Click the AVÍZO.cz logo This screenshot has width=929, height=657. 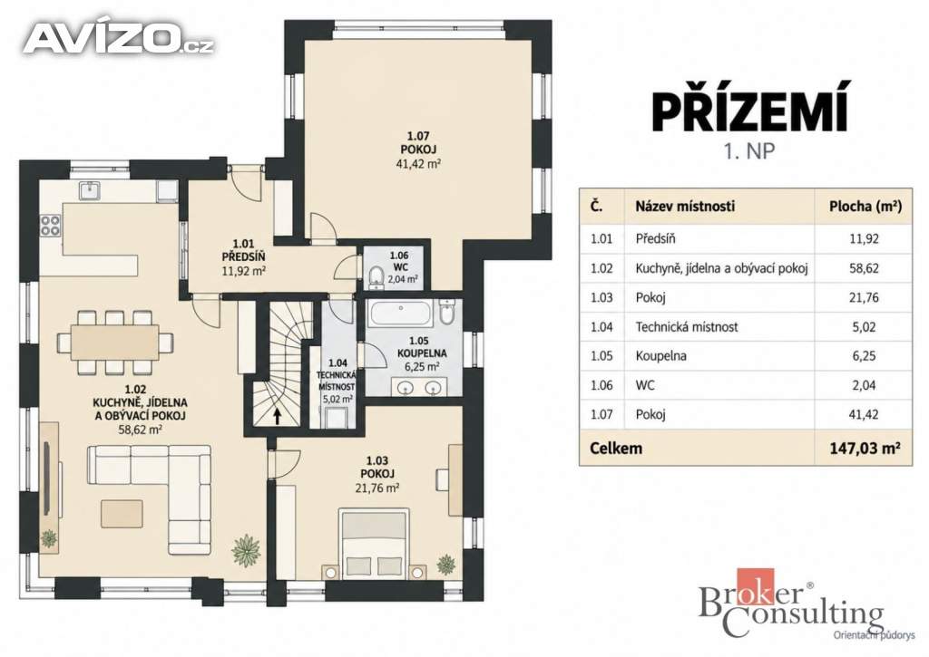coord(119,39)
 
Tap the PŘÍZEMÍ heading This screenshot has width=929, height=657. coord(750,107)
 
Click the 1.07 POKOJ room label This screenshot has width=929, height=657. coord(418,150)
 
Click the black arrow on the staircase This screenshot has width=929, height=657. coord(277,415)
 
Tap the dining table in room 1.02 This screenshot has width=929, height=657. coord(115,343)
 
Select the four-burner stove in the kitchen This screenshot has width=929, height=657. coord(50,226)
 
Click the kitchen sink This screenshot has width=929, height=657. coord(90,189)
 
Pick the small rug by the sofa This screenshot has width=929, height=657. coord(122,514)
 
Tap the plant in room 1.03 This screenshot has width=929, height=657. coord(446,564)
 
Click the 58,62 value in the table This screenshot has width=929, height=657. coord(864,268)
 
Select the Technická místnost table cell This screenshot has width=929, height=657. coord(687,327)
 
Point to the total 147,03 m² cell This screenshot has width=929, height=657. coord(865,448)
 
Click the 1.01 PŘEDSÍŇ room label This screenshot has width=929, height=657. coord(243,256)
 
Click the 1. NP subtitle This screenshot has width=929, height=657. coord(748,151)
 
